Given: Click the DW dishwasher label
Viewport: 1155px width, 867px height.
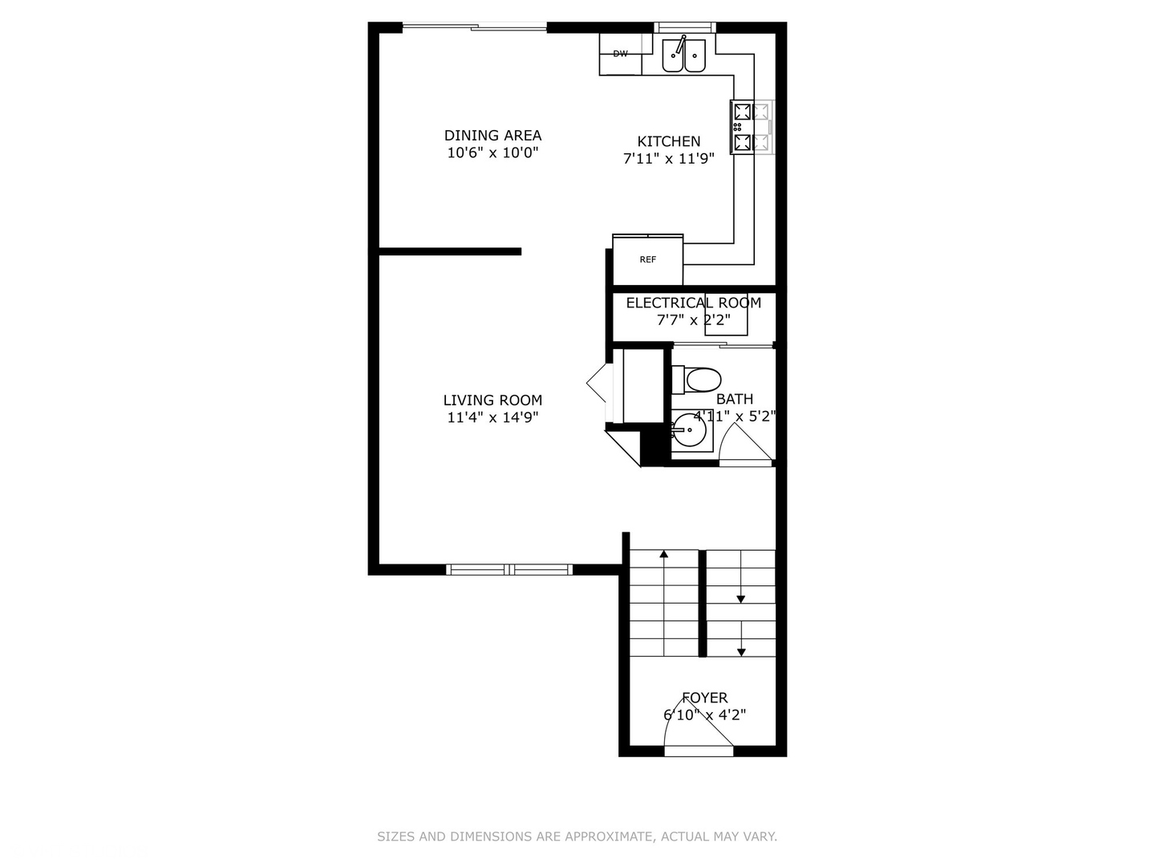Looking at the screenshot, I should point(620,54).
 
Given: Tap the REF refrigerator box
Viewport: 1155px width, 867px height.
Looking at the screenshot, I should point(648,259).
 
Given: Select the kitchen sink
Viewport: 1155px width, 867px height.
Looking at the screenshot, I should point(683,55).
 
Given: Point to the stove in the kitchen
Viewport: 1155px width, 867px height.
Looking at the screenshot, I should point(752,127).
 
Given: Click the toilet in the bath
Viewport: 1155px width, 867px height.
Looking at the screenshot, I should point(698,379).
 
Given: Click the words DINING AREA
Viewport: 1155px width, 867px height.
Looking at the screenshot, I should point(492,135).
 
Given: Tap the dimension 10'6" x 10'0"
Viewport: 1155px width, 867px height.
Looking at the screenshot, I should point(492,153).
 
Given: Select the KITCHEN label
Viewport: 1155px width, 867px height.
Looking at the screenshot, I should point(669,141).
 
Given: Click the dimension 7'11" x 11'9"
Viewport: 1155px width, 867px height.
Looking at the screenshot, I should point(669,159).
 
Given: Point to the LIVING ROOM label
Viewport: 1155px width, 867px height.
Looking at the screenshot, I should point(492,400).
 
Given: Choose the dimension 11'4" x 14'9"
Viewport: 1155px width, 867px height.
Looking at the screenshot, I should point(492,417).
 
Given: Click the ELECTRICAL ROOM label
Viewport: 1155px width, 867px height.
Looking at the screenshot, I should point(693,303).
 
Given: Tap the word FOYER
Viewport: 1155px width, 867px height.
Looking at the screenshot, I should point(705,698).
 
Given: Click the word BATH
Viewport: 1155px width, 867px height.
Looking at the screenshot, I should point(735,399).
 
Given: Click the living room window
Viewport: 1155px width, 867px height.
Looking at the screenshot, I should point(509,569).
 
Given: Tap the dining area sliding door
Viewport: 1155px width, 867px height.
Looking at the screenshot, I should point(475,28).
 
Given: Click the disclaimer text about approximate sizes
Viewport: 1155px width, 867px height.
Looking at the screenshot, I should point(577,836).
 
